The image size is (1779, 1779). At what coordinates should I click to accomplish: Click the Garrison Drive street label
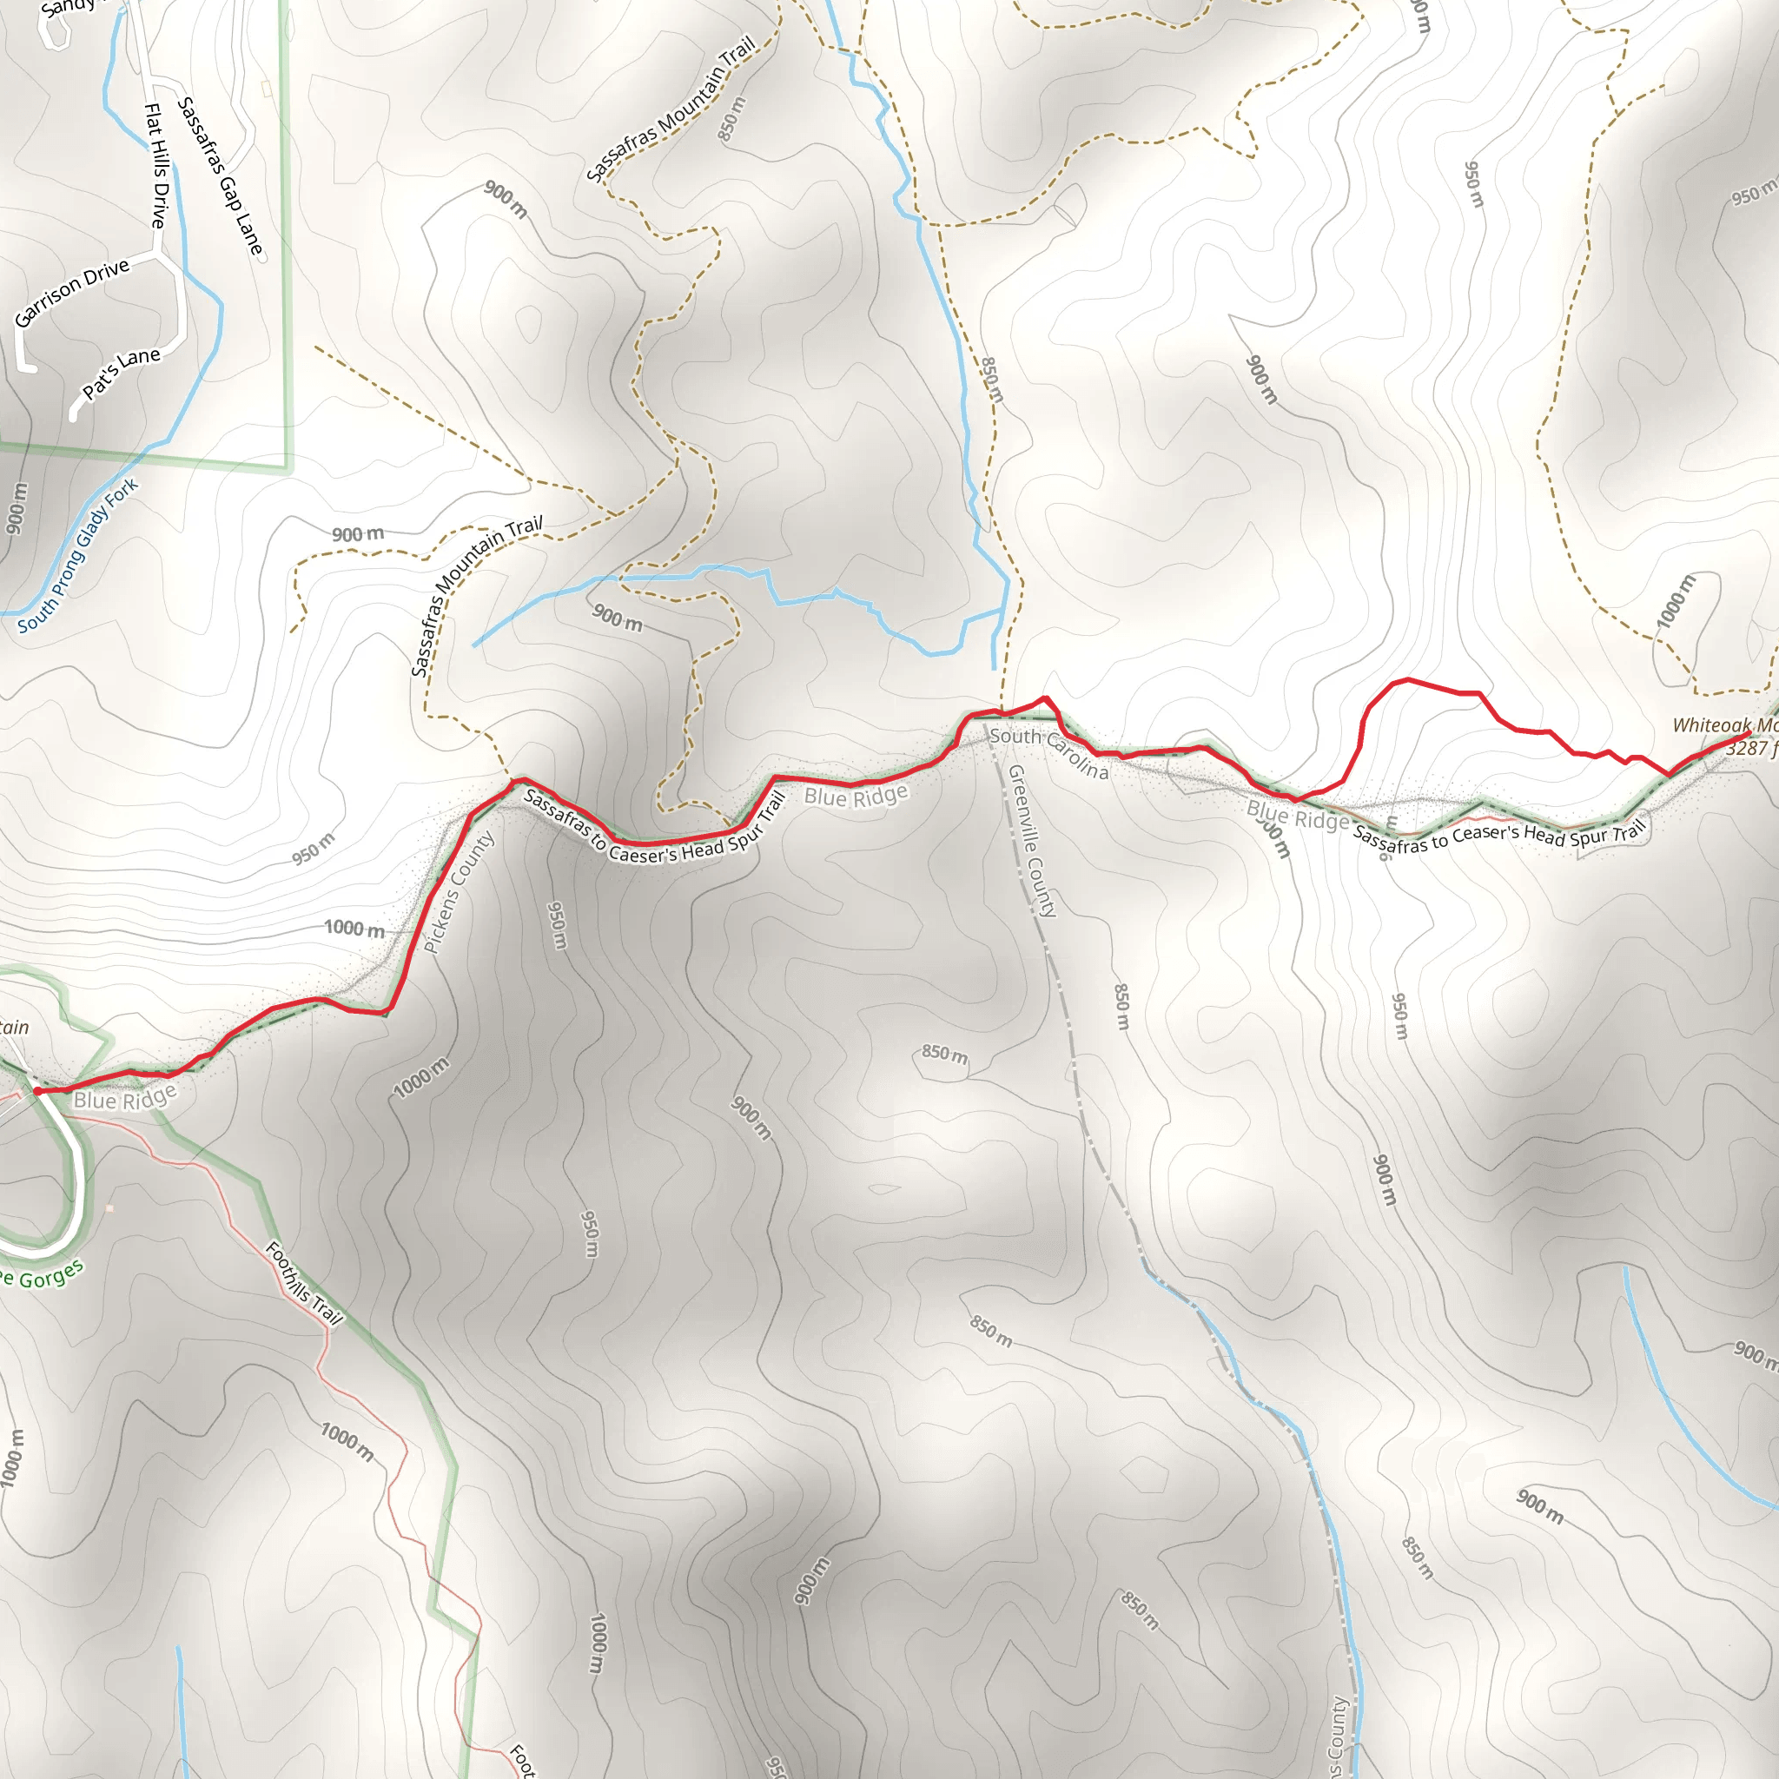(x=72, y=293)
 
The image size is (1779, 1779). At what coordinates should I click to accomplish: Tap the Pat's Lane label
(x=121, y=373)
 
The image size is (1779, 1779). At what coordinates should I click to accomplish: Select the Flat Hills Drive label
(x=156, y=166)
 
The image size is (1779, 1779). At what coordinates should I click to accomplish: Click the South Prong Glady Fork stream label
(x=78, y=555)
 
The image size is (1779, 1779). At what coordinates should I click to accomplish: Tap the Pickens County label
(x=459, y=891)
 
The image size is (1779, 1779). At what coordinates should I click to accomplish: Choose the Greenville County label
(x=1031, y=841)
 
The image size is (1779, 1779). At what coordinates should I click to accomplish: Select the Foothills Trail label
(x=304, y=1283)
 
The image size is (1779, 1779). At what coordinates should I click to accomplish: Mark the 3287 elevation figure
(x=1747, y=748)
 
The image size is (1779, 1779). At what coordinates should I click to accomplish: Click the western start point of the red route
(x=37, y=1091)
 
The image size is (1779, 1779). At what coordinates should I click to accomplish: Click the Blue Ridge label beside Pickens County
(x=856, y=795)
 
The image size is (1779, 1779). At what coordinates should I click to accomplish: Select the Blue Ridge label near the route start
(x=124, y=1099)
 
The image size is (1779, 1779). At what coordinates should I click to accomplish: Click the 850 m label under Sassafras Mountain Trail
(x=731, y=119)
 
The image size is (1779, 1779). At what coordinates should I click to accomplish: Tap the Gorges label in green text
(x=50, y=1276)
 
